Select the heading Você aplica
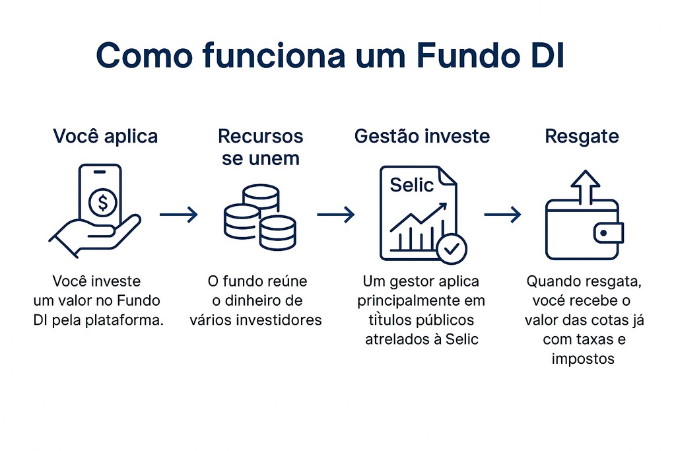coord(106,137)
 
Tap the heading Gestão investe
coord(422,137)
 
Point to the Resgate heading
coord(582,137)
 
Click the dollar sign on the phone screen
coord(102,203)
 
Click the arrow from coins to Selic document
coord(335,214)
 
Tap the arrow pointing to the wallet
coord(502,214)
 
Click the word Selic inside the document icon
coord(412,185)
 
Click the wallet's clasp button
coord(605,232)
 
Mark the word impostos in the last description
coord(582,359)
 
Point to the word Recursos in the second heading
coord(261,137)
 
